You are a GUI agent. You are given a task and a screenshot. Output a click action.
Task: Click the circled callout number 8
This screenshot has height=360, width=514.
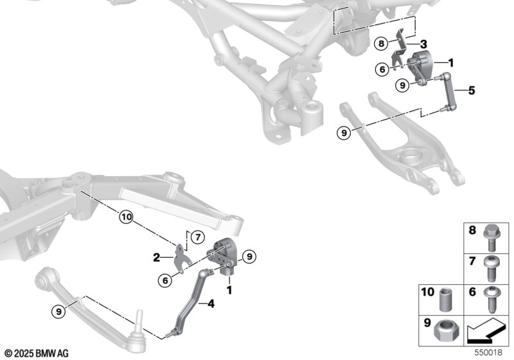point(381,43)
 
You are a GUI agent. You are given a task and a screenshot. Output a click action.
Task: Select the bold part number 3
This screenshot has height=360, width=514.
point(423,44)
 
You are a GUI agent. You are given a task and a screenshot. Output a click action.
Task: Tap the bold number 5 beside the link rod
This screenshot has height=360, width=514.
point(472,91)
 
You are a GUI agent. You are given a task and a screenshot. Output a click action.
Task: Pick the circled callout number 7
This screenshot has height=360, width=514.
point(198,237)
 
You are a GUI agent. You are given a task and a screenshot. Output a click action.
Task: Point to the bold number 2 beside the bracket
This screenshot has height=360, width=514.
point(157,258)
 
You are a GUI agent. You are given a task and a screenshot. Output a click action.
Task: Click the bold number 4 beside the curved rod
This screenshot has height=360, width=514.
point(211,304)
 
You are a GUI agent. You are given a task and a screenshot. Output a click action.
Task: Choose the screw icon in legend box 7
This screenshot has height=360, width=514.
point(491,269)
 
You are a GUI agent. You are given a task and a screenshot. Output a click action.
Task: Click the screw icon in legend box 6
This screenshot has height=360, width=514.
point(491,300)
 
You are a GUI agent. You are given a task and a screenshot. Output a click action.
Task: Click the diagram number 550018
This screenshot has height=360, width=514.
point(488,352)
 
